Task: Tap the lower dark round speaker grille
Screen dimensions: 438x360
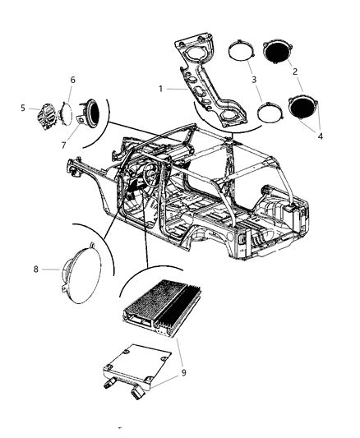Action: click(x=305, y=108)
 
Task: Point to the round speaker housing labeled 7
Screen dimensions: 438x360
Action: click(x=90, y=112)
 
